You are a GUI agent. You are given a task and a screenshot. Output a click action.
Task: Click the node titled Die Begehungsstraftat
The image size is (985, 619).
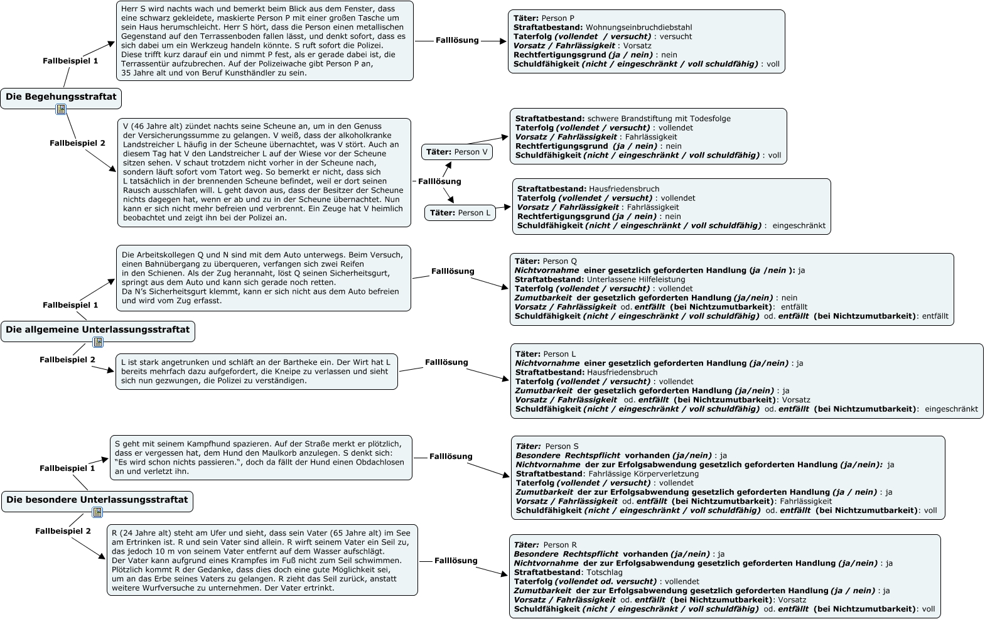[61, 97]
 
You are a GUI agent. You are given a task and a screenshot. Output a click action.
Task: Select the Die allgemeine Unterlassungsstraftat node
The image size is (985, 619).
[97, 330]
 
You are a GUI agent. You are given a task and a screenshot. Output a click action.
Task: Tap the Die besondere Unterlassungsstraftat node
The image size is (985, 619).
[97, 500]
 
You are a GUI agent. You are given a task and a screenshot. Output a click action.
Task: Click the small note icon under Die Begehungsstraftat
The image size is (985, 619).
[60, 110]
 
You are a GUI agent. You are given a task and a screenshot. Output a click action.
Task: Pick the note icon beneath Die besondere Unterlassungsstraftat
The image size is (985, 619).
[97, 513]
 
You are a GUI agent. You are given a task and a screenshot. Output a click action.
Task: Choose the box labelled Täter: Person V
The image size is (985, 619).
[456, 152]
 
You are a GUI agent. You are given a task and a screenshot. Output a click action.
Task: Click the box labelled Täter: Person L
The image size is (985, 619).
[460, 213]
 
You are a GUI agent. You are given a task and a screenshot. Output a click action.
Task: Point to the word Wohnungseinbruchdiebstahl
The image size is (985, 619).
[638, 28]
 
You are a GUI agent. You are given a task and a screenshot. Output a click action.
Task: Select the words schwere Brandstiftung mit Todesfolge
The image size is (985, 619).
[659, 119]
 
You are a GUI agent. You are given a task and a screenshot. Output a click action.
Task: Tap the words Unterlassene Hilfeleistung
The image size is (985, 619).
[636, 279]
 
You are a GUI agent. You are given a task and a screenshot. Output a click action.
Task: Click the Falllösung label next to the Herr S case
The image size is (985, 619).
[457, 40]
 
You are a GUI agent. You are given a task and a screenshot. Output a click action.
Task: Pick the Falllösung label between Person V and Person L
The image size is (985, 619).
[439, 181]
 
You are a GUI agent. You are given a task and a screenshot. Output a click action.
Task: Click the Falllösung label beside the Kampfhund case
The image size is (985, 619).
[451, 456]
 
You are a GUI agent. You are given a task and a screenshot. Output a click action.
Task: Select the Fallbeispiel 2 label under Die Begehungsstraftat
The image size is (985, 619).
[78, 143]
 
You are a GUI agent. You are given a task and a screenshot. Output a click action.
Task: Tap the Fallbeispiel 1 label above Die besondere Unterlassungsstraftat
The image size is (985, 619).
[67, 468]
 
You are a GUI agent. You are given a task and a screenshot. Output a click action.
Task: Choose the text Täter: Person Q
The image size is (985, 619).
[545, 261]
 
